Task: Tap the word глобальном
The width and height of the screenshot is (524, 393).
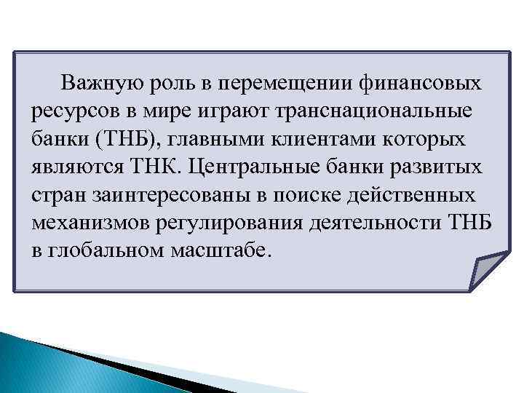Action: click(x=104, y=250)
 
